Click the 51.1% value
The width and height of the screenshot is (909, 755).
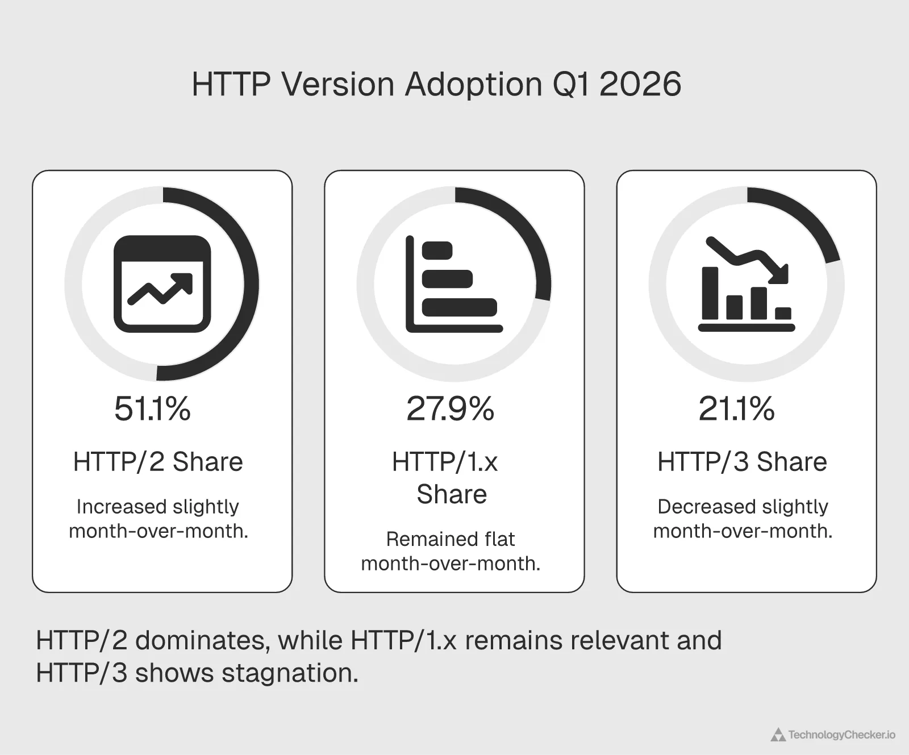pos(152,409)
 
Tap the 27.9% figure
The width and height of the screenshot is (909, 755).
pos(450,409)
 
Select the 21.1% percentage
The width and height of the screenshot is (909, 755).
pos(736,409)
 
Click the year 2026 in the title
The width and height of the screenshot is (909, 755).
pos(640,85)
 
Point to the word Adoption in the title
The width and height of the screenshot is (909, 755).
pos(474,85)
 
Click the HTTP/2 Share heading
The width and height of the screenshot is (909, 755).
pos(158,462)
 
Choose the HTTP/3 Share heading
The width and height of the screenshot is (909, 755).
pos(742,462)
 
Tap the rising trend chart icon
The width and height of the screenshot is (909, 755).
pos(162,283)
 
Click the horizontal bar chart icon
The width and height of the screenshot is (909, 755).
pos(453,284)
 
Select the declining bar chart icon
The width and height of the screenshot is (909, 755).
pos(746,284)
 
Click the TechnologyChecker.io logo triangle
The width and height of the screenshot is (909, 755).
pos(778,735)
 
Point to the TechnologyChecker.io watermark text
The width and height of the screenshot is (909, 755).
pos(841,735)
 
